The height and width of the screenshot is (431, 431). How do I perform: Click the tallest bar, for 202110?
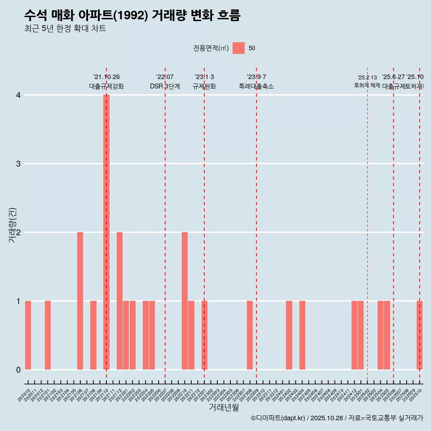(x=106, y=232)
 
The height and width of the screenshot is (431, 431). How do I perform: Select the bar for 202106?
(x=80, y=301)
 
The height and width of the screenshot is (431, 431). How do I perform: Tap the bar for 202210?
(x=185, y=301)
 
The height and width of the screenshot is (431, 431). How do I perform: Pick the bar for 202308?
(x=250, y=335)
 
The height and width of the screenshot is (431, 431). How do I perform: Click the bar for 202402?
(x=289, y=335)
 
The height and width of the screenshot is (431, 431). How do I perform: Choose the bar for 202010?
(x=28, y=335)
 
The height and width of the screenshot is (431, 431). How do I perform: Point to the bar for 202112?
(x=119, y=301)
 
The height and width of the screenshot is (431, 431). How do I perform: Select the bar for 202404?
(x=302, y=335)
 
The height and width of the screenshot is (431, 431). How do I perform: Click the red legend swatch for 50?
(x=238, y=48)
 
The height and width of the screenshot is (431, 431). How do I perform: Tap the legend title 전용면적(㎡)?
(x=211, y=48)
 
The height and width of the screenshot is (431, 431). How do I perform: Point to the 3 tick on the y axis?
(x=18, y=164)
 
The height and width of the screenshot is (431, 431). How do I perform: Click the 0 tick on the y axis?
(x=18, y=369)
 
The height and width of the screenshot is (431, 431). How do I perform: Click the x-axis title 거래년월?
(x=224, y=407)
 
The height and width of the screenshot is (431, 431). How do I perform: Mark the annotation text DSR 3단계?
(x=165, y=86)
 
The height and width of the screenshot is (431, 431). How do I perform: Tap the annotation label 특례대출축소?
(x=256, y=86)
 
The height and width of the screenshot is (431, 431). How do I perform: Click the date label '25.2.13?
(x=367, y=78)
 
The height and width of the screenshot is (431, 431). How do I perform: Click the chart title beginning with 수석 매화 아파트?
(x=132, y=16)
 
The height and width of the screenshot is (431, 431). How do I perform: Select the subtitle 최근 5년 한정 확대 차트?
(x=66, y=29)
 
